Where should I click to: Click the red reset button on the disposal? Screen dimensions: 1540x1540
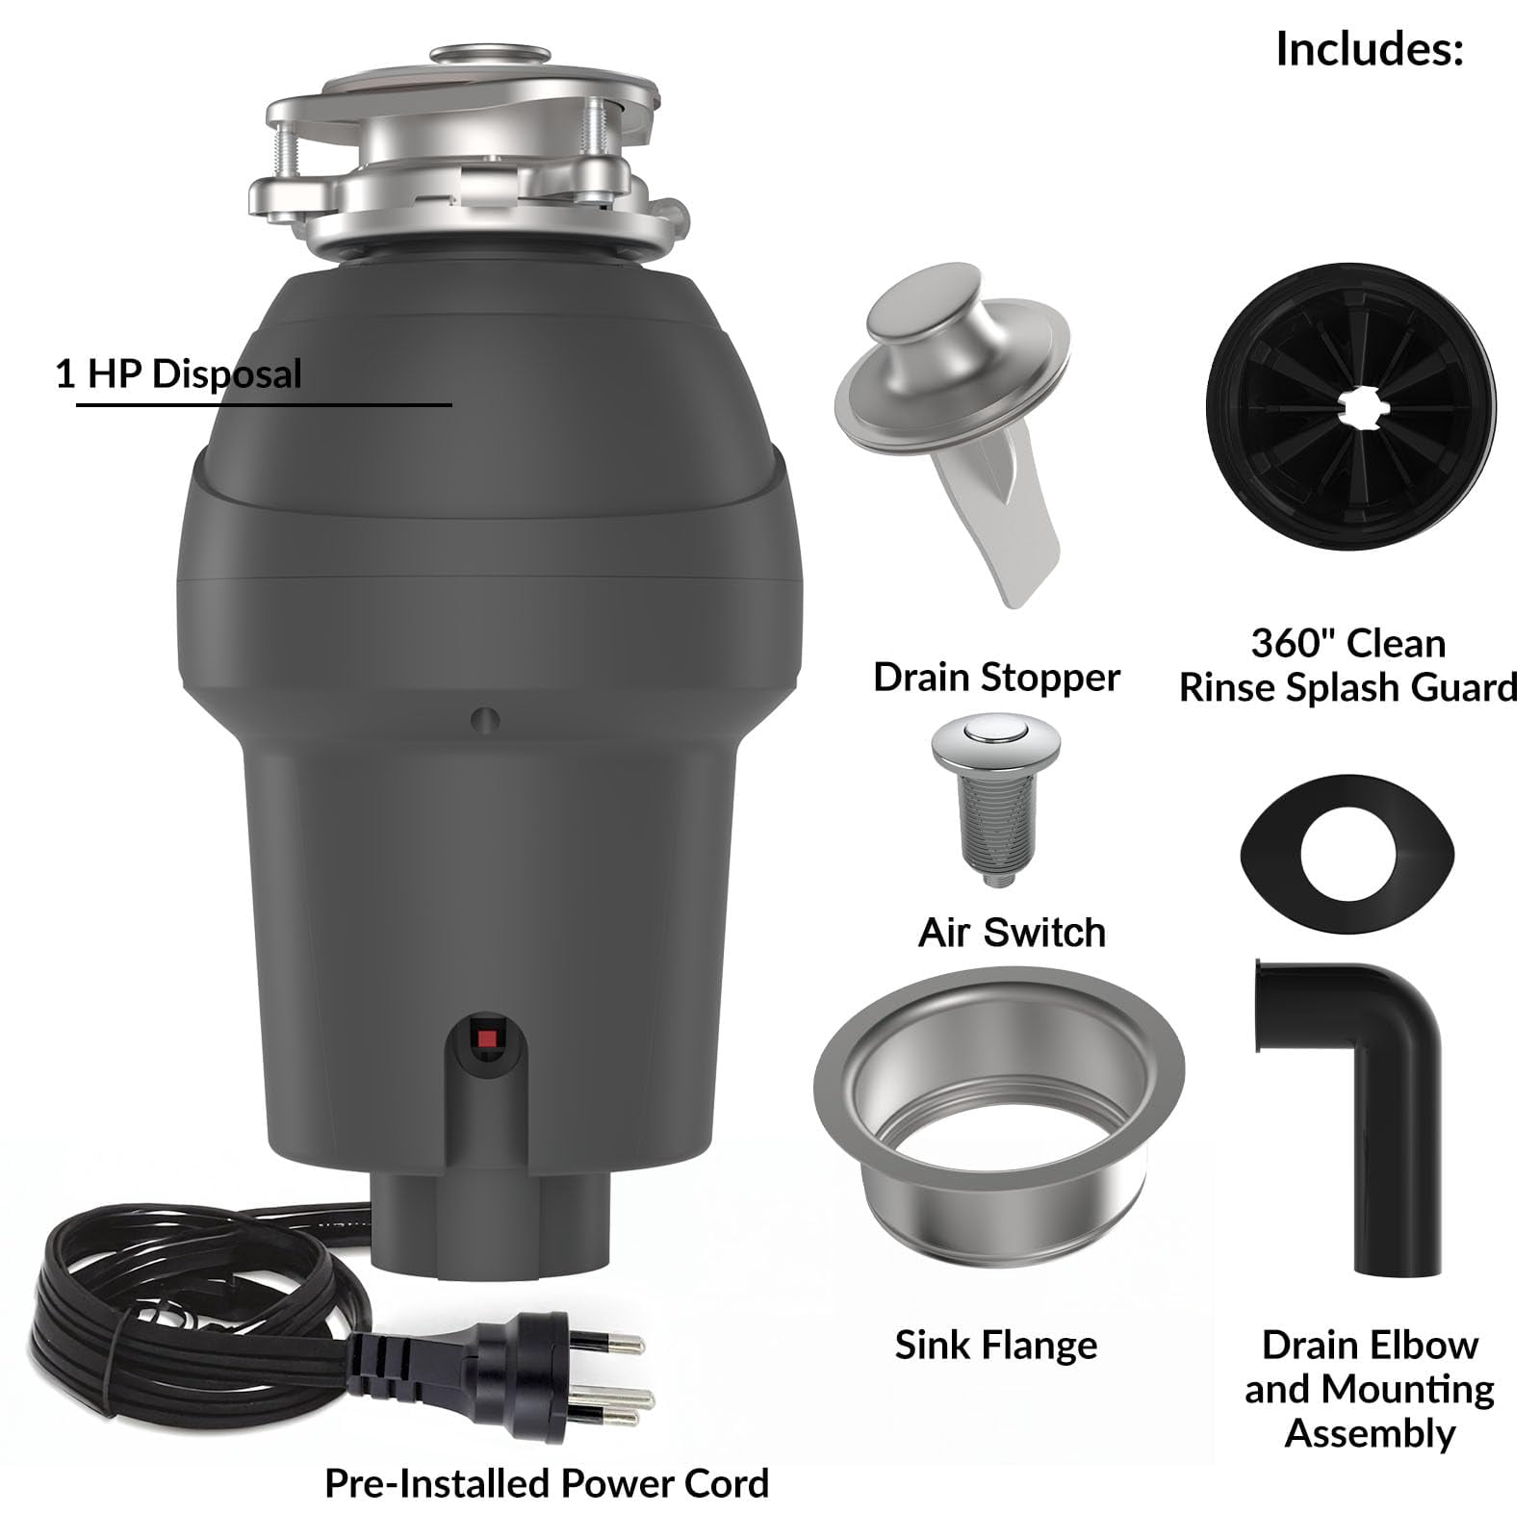tap(487, 1039)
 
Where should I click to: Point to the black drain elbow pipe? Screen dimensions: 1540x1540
tap(1347, 1107)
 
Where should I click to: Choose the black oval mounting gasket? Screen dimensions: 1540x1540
tap(1347, 854)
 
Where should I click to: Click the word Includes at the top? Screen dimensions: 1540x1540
tap(1369, 49)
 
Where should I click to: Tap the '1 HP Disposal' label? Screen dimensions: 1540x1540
tap(179, 373)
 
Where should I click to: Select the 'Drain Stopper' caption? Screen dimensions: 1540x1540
tap(996, 678)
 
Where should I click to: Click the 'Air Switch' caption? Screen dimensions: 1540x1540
tap(1012, 933)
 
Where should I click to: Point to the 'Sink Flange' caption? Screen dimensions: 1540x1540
tap(996, 1346)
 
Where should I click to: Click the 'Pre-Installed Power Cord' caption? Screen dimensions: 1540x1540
tap(547, 1484)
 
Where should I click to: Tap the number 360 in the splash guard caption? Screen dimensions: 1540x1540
tap(1287, 643)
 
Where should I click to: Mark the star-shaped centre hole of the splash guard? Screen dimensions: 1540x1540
tap(1352, 408)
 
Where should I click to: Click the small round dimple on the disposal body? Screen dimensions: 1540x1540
tap(485, 719)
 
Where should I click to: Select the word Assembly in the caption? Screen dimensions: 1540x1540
tap(1371, 1434)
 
